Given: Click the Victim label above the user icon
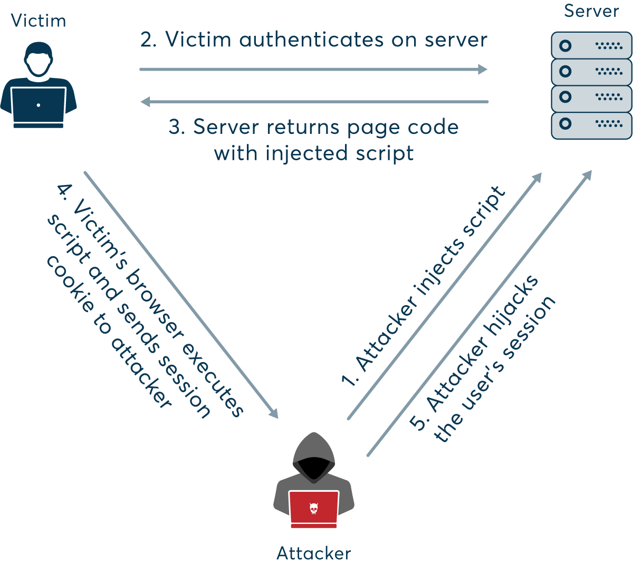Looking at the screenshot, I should [x=39, y=21].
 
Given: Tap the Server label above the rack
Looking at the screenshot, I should [x=591, y=11].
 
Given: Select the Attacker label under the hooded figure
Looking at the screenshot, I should [x=313, y=553].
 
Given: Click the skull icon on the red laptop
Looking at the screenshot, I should [x=313, y=508].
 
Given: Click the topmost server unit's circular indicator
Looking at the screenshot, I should [x=565, y=46].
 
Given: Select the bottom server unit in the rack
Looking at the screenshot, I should [x=591, y=125].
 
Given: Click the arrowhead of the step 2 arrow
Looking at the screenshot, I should [x=482, y=69].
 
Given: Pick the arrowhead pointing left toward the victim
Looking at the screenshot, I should [x=146, y=102].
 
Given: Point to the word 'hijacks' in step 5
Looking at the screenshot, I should [x=512, y=306].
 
